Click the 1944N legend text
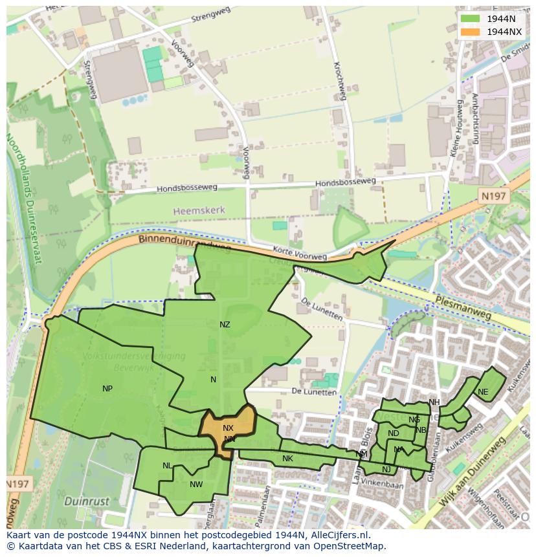501,19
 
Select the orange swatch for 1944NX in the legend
471,32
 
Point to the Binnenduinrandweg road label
184,242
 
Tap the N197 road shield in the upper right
495,195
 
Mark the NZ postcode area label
225,325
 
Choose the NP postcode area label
107,389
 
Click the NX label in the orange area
228,428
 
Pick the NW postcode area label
196,484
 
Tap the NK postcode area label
287,459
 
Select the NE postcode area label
483,392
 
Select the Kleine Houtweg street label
456,128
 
